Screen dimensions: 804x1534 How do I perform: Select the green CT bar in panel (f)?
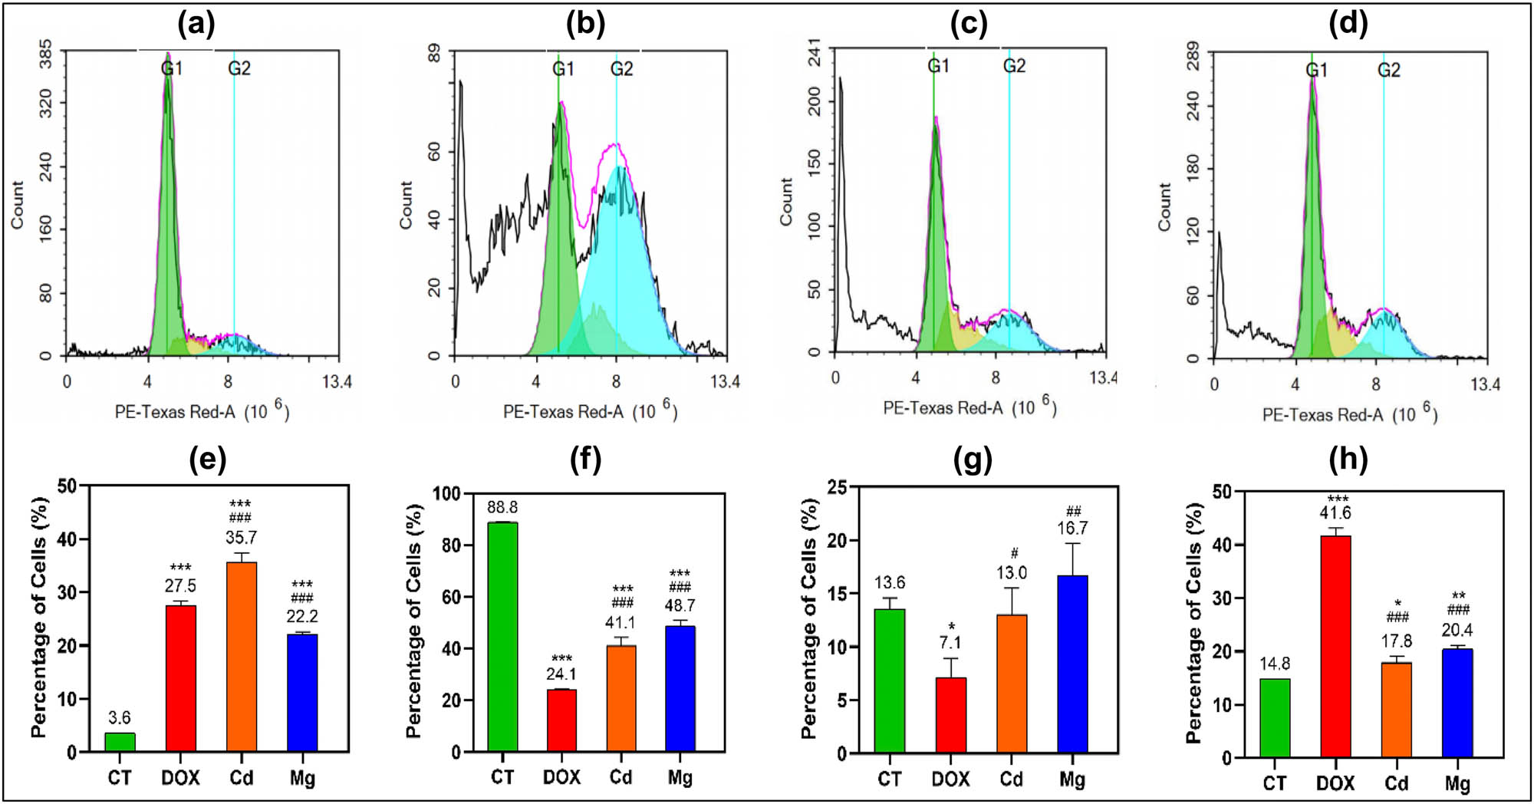pyautogui.click(x=502, y=637)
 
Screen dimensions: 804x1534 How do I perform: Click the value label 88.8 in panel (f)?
pyautogui.click(x=502, y=508)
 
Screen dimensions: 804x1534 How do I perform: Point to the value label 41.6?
pyautogui.click(x=1335, y=513)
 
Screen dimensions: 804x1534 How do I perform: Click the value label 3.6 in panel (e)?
pyautogui.click(x=120, y=718)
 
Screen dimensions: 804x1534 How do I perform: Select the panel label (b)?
pyautogui.click(x=585, y=25)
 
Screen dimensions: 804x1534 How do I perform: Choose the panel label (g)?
pyautogui.click(x=972, y=460)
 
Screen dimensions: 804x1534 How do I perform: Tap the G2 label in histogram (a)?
pyautogui.click(x=239, y=69)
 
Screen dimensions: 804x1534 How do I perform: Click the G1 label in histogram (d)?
pyautogui.click(x=1316, y=71)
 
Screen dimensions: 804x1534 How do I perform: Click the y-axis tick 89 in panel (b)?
pyautogui.click(x=434, y=54)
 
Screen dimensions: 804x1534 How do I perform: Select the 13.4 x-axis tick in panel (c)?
pyautogui.click(x=1103, y=377)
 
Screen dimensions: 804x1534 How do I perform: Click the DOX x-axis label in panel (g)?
pyautogui.click(x=950, y=779)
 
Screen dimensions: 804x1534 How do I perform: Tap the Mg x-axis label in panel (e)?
pyautogui.click(x=302, y=778)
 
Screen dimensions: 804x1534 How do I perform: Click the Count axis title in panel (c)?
pyautogui.click(x=786, y=202)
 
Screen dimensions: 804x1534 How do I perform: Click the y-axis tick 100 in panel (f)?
pyautogui.click(x=446, y=494)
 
